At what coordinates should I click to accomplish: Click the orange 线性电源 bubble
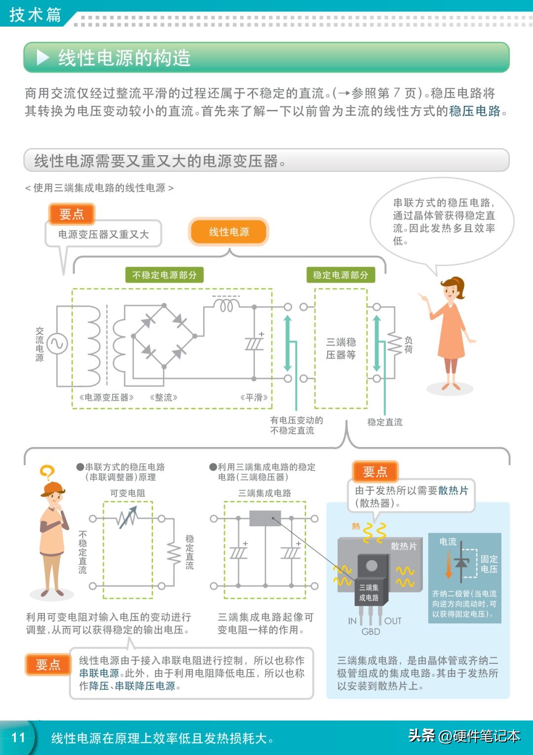[x=228, y=232]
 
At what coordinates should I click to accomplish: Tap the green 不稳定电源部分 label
[x=164, y=275]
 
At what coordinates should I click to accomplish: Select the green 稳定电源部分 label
[x=340, y=275]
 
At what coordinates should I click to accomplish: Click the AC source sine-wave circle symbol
[x=57, y=343]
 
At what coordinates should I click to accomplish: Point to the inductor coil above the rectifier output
[x=226, y=306]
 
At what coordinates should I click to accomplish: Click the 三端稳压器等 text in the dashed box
[x=341, y=348]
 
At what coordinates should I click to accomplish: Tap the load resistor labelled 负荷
[x=394, y=343]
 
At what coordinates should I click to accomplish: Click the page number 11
[x=18, y=737]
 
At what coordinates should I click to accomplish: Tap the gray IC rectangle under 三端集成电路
[x=265, y=518]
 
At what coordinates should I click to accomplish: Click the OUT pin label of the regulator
[x=393, y=621]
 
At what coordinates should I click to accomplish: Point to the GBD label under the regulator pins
[x=371, y=632]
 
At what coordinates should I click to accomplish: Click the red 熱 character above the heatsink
[x=356, y=527]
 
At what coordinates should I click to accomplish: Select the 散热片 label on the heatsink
[x=404, y=546]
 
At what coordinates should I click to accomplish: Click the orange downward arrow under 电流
[x=449, y=564]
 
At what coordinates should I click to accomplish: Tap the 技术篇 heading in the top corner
[x=35, y=14]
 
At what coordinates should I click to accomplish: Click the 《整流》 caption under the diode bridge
[x=163, y=397]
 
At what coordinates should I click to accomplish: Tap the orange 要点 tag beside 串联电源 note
[x=48, y=665]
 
